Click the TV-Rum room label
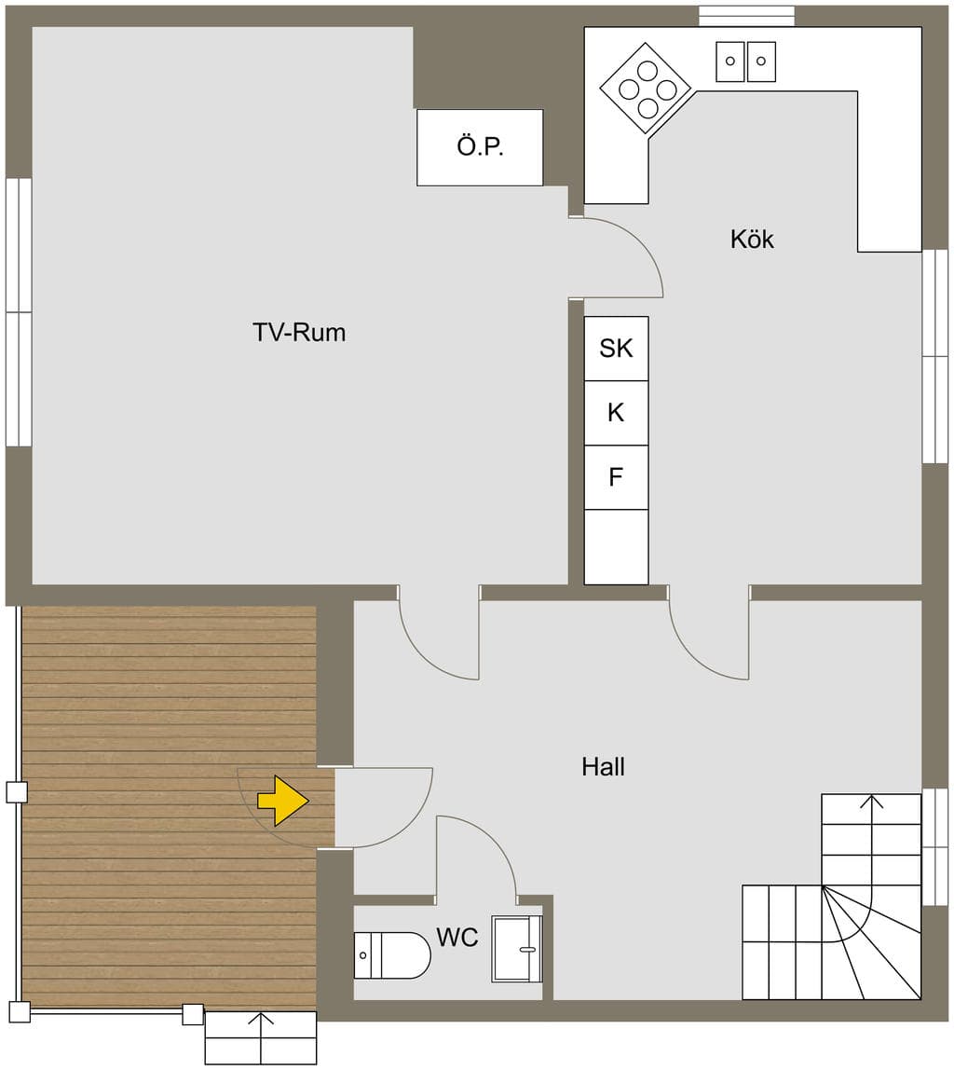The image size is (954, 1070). click(x=299, y=333)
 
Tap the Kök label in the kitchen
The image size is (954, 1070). click(x=752, y=239)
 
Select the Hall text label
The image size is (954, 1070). click(x=604, y=766)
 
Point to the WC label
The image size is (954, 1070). click(x=457, y=937)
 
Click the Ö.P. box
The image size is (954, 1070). click(x=480, y=147)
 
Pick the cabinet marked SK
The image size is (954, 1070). click(x=617, y=349)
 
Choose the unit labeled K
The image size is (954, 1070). click(x=617, y=413)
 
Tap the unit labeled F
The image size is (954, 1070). click(x=617, y=477)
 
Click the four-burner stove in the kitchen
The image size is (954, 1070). click(x=647, y=89)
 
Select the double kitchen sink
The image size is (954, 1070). click(x=745, y=62)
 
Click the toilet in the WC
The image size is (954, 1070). click(x=392, y=955)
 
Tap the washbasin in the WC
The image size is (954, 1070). click(x=516, y=949)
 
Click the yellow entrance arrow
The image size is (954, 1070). click(x=283, y=801)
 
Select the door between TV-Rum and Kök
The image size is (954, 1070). click(x=616, y=257)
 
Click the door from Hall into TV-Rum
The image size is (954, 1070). click(x=439, y=633)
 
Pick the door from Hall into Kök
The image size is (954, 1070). click(x=709, y=633)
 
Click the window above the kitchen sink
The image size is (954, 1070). click(x=746, y=17)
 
